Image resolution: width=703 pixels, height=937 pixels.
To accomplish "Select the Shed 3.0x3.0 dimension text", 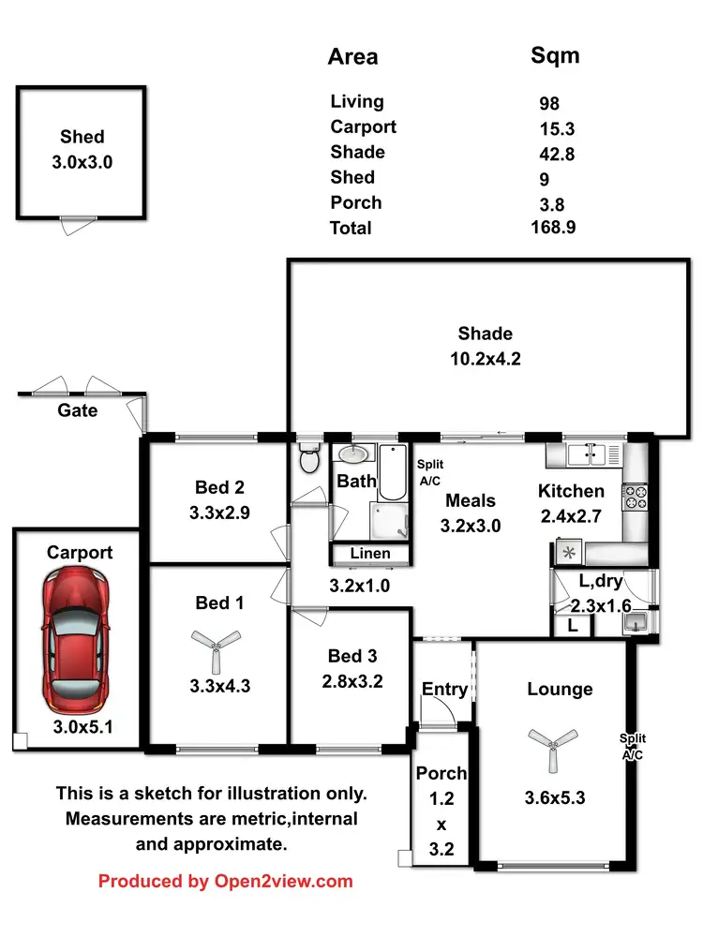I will (82, 162).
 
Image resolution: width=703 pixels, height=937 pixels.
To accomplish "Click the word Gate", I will (78, 410).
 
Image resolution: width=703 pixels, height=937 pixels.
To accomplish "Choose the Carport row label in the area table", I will (363, 126).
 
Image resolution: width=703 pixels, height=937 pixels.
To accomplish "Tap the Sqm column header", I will (555, 55).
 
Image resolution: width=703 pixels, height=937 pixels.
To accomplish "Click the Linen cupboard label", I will (370, 554).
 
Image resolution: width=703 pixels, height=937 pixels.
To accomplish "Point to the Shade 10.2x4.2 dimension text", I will (485, 357).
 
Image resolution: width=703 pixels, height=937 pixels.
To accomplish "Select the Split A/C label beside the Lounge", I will (633, 745).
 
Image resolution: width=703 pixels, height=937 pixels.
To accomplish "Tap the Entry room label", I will (444, 689).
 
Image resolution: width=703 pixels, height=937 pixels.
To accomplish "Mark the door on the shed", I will (78, 219).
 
